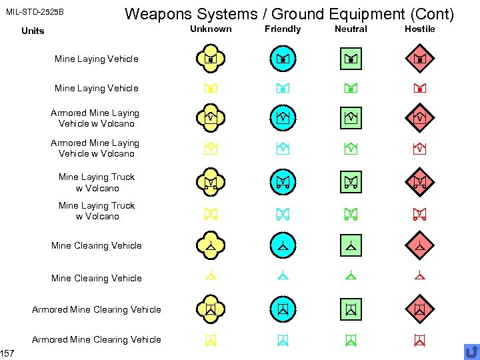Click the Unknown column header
tap(211, 29)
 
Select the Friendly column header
tap(283, 29)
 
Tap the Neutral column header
tap(351, 29)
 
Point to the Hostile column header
tap(419, 29)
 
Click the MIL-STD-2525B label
tap(35, 12)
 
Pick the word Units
tap(33, 31)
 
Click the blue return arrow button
tap(471, 351)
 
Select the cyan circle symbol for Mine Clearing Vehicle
tap(283, 245)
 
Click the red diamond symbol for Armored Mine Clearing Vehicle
tap(420, 309)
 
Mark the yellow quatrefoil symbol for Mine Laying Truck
tap(210, 181)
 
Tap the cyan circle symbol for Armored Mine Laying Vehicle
tap(283, 117)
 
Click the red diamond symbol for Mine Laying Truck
tap(420, 181)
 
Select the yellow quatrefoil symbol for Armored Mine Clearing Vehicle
tap(210, 309)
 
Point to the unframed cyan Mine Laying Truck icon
tap(283, 214)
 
